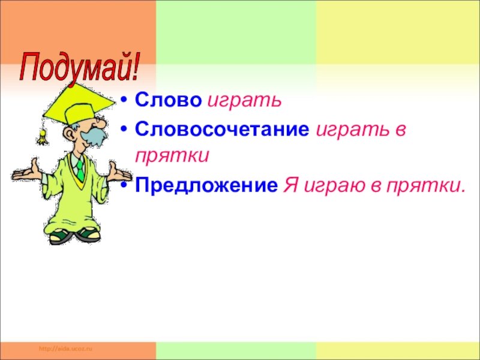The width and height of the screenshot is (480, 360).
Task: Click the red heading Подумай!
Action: click(79, 68)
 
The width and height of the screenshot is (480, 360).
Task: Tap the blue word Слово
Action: click(169, 100)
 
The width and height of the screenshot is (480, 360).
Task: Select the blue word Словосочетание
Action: click(222, 129)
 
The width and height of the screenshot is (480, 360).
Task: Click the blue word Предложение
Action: click(206, 185)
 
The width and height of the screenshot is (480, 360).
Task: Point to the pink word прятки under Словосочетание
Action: click(172, 156)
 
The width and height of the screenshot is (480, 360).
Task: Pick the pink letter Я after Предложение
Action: click(291, 185)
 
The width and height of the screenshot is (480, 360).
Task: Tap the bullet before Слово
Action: click(124, 100)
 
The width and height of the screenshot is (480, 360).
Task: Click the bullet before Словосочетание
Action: click(124, 130)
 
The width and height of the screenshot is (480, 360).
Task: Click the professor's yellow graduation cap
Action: click(79, 104)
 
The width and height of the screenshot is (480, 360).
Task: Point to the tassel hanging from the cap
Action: click(42, 137)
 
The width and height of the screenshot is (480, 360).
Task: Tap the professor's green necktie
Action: click(80, 170)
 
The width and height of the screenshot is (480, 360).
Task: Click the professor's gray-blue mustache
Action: click(94, 136)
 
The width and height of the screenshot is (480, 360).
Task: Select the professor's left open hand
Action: click(25, 172)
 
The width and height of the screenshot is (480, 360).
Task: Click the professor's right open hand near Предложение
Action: click(120, 173)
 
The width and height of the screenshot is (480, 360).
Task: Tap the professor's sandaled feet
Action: click(74, 236)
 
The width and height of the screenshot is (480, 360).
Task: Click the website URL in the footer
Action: click(66, 349)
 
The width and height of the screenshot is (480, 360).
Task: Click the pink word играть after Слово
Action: click(244, 101)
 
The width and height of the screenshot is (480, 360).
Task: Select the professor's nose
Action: click(101, 123)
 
